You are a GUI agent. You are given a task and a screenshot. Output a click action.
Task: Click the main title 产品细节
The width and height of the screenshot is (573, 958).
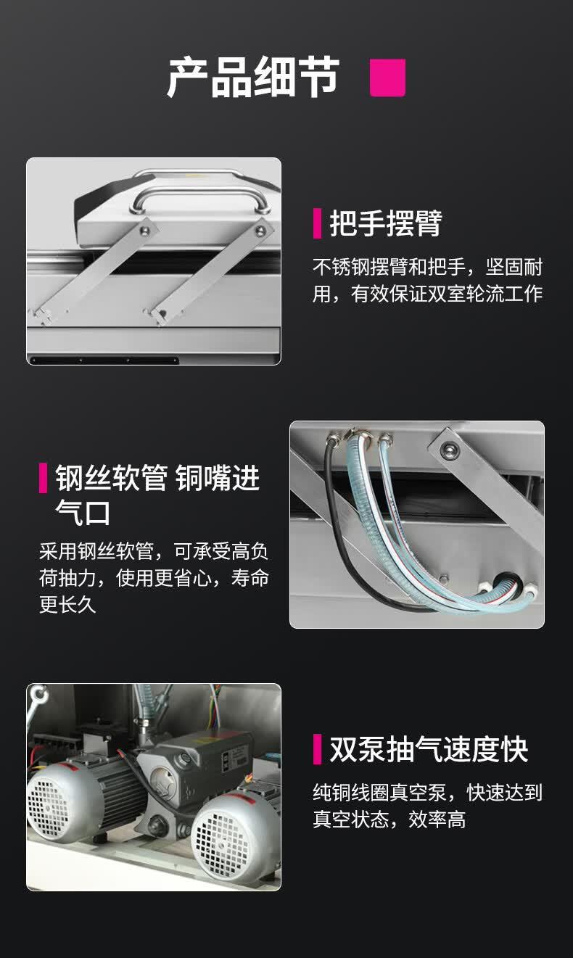point(253,78)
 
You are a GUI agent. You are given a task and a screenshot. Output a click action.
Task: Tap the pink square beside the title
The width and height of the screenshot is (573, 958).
point(387,78)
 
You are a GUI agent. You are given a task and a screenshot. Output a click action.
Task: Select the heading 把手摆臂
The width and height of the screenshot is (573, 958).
point(386,223)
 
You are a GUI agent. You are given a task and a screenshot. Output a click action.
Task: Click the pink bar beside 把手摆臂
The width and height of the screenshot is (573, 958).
point(317,223)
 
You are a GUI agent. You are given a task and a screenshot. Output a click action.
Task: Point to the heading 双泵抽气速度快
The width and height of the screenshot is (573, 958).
point(429,750)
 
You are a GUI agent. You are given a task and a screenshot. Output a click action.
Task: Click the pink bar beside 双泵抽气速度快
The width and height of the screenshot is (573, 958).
point(317,750)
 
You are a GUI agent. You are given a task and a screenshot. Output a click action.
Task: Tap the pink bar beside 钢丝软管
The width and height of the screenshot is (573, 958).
point(44,478)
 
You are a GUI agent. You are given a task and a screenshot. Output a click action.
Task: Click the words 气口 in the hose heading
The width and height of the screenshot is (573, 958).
point(83,511)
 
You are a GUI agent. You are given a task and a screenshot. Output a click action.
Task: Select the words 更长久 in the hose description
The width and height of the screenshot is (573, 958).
point(67,604)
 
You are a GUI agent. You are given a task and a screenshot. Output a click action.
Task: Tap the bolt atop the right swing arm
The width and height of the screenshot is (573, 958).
point(260,231)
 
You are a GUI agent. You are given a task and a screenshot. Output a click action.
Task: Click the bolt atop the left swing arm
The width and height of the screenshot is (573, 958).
point(145,231)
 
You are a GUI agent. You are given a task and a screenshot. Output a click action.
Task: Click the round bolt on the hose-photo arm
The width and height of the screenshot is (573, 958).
point(448,451)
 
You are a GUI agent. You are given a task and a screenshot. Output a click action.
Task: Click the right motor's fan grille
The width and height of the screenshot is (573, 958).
point(221,838)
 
